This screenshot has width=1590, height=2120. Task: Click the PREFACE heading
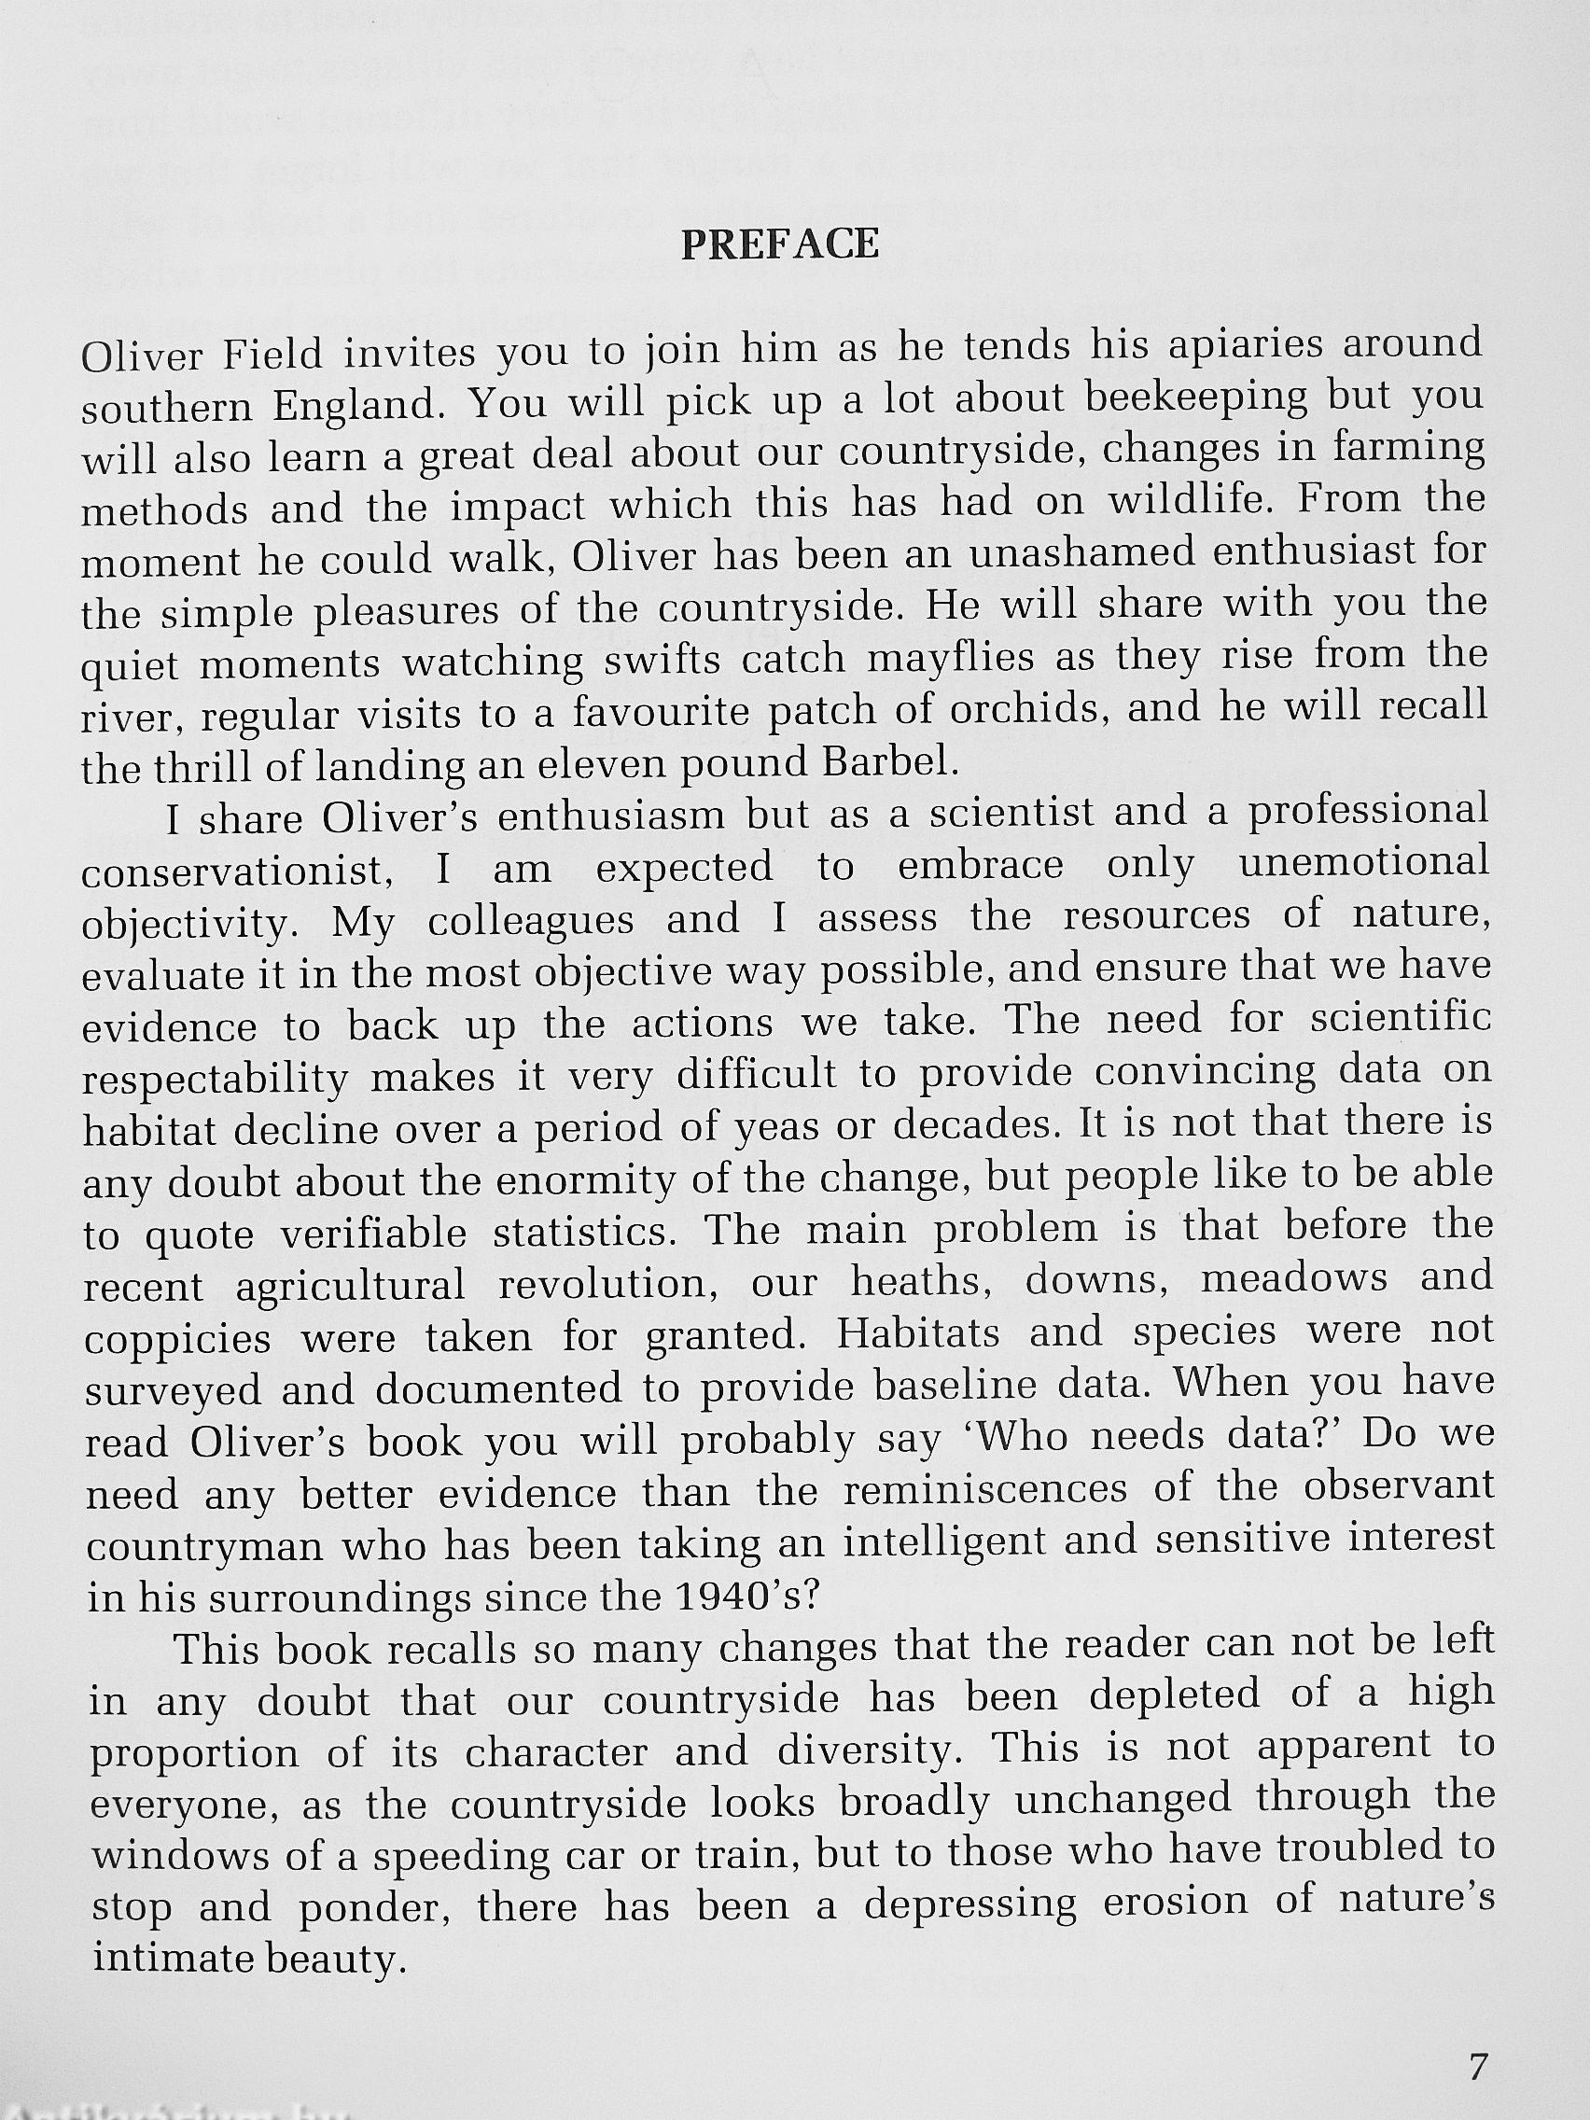pyautogui.click(x=779, y=245)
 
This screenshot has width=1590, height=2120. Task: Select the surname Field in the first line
pyautogui.click(x=273, y=356)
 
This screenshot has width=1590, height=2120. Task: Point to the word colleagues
pyautogui.click(x=531, y=921)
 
